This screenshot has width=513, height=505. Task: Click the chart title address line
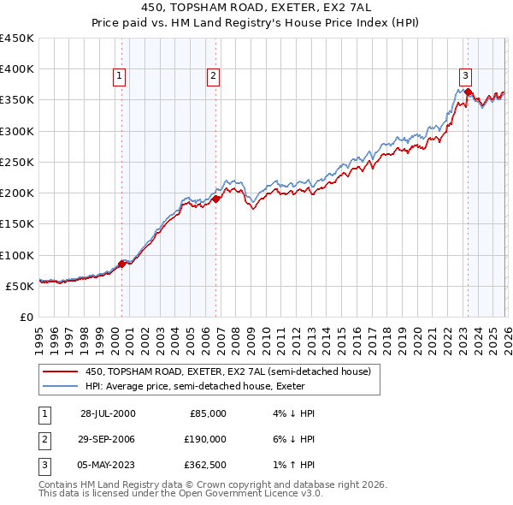(x=256, y=7)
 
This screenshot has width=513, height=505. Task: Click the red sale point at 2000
(x=121, y=264)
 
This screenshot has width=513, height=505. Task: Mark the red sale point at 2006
(x=215, y=199)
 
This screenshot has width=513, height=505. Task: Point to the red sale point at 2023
(x=469, y=92)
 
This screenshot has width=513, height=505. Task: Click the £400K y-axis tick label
(x=17, y=69)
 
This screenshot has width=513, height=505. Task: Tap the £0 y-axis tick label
(x=27, y=317)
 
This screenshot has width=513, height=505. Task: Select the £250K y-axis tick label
(x=17, y=162)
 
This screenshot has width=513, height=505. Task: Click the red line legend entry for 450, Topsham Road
(x=227, y=371)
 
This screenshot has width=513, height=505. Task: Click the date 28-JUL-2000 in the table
(x=108, y=413)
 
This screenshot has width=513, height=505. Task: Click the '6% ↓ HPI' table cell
(x=292, y=439)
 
